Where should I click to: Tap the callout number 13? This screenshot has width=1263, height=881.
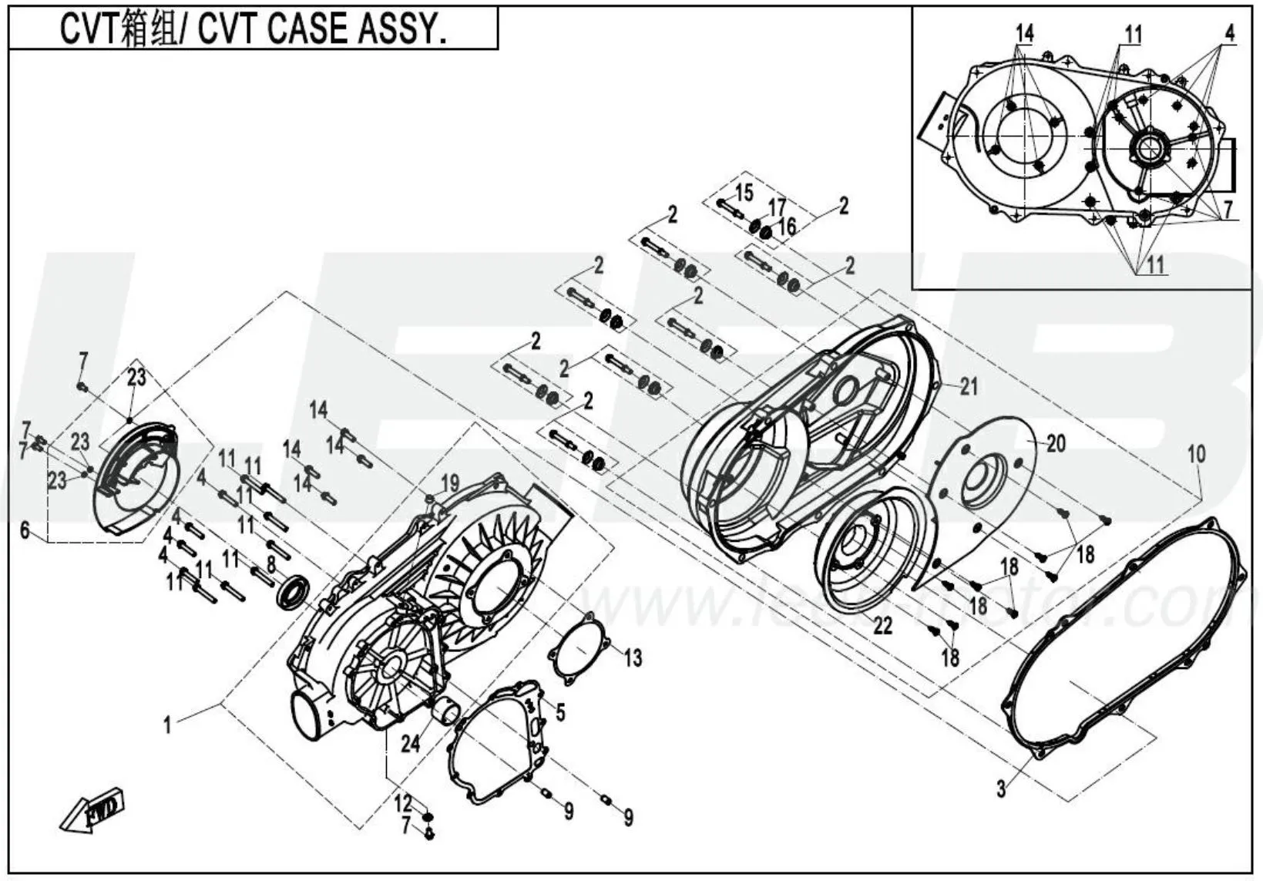tap(632, 657)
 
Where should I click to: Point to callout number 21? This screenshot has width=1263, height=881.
tap(969, 386)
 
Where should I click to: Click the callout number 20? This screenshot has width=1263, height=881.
tap(1056, 444)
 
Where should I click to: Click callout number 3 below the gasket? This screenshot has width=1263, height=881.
tap(1001, 789)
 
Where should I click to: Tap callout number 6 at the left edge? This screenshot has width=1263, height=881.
tap(25, 530)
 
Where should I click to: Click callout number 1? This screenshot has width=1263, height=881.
tap(167, 725)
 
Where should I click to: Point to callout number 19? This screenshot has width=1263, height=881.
tap(449, 484)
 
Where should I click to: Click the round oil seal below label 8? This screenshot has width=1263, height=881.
tap(294, 592)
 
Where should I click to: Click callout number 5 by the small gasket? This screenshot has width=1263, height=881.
tap(560, 712)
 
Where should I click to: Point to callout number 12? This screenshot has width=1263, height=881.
tap(404, 803)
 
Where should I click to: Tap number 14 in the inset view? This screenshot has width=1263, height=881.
tap(1024, 34)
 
